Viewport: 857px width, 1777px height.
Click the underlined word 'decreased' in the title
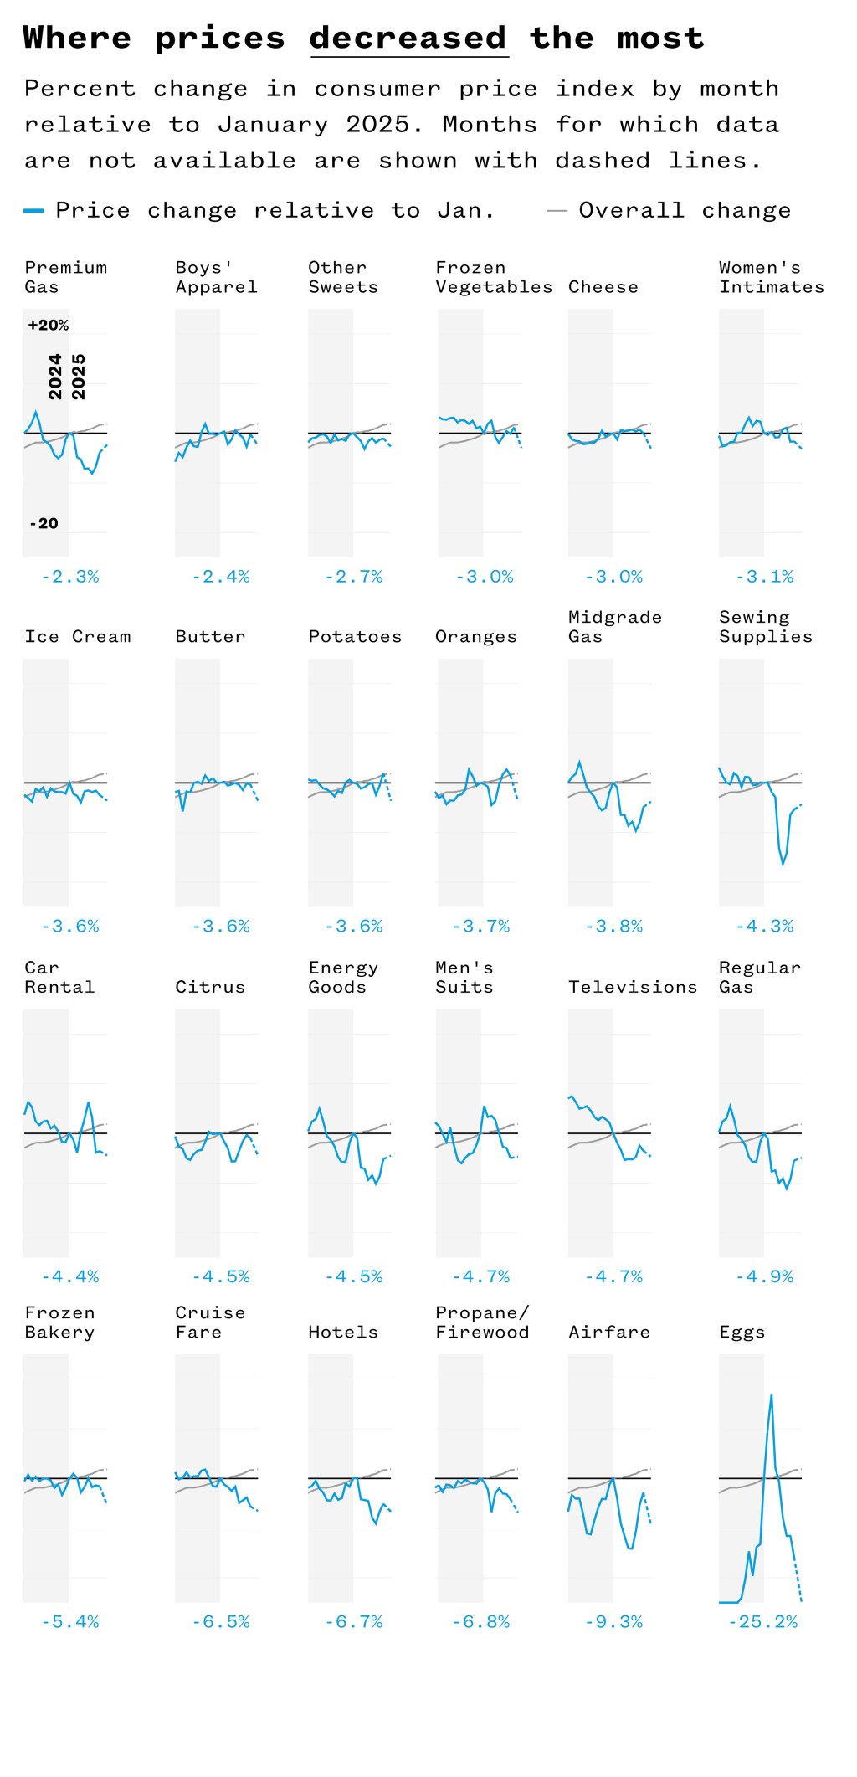[x=408, y=38]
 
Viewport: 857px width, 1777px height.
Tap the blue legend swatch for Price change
[x=33, y=211]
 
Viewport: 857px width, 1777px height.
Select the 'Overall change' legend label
[x=685, y=210]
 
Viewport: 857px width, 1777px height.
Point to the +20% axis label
[x=49, y=326]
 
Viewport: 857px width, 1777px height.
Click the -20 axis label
[x=44, y=524]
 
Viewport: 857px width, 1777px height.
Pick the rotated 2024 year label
[x=55, y=377]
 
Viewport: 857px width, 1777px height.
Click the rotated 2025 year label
[x=79, y=377]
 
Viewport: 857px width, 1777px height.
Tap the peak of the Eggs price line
[x=771, y=1395]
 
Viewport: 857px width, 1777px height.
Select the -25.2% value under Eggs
[x=762, y=1622]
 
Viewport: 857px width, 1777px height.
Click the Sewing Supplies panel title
[x=765, y=627]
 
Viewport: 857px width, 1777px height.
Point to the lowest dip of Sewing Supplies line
[x=783, y=864]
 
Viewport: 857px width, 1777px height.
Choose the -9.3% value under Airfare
[x=613, y=1622]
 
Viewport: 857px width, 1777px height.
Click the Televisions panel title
[x=633, y=988]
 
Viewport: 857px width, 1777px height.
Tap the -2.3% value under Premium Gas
[x=70, y=577]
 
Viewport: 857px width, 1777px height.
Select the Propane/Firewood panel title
[x=482, y=1322]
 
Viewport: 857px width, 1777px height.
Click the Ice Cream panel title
[x=78, y=637]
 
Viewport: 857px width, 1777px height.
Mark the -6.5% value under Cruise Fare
[x=221, y=1622]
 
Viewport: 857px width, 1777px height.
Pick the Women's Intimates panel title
[x=771, y=277]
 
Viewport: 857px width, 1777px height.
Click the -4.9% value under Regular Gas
[x=764, y=1277]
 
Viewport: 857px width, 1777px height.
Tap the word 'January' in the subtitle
[x=273, y=125]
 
